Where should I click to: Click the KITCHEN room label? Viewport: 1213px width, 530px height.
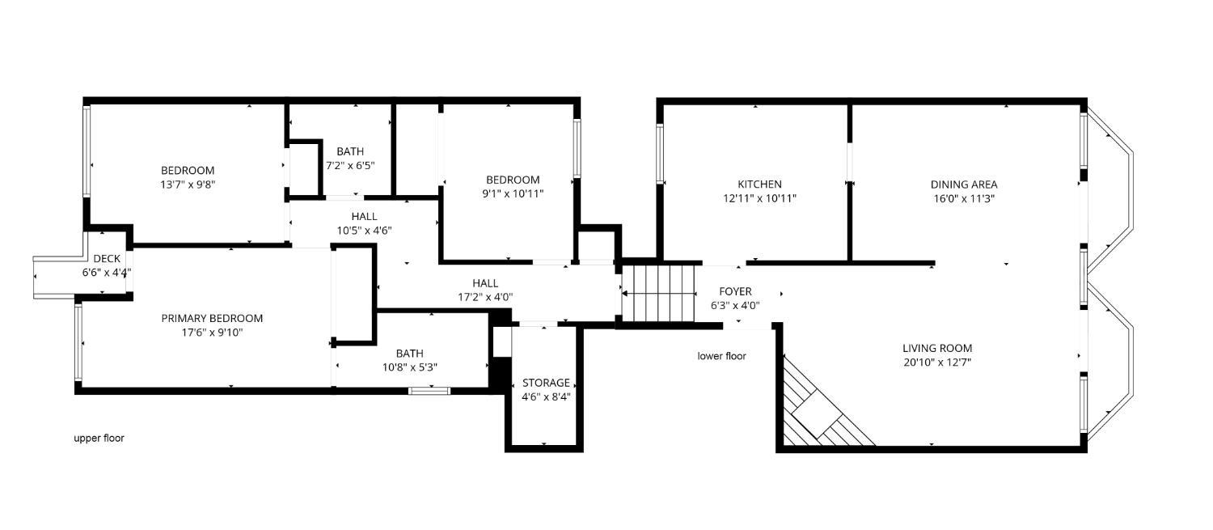(x=759, y=184)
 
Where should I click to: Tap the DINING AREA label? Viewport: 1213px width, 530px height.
(x=962, y=184)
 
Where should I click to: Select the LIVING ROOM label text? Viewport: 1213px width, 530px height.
(x=937, y=349)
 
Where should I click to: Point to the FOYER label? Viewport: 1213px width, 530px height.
(x=735, y=291)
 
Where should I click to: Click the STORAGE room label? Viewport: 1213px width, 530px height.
(x=546, y=383)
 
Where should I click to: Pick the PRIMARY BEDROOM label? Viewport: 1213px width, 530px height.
(x=212, y=319)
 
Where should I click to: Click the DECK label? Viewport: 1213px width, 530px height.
(x=107, y=259)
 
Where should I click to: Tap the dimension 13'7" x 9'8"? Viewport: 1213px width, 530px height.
(x=188, y=184)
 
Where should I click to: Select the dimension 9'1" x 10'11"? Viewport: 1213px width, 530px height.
(x=512, y=193)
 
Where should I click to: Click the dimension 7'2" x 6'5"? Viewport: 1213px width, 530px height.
(x=350, y=165)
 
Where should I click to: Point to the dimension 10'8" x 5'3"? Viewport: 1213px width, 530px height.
(x=409, y=367)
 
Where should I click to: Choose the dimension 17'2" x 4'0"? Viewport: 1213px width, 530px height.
(x=485, y=297)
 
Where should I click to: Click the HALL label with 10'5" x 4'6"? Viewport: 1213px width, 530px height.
(x=364, y=217)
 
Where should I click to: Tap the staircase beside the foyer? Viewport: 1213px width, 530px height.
(x=658, y=292)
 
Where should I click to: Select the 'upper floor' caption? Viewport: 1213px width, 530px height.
(x=99, y=438)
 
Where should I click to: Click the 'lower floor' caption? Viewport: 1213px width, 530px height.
(x=721, y=356)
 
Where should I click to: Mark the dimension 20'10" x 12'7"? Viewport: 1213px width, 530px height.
(x=937, y=363)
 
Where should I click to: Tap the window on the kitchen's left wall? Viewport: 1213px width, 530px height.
(x=660, y=154)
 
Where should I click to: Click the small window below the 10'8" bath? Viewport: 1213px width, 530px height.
(x=429, y=391)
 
